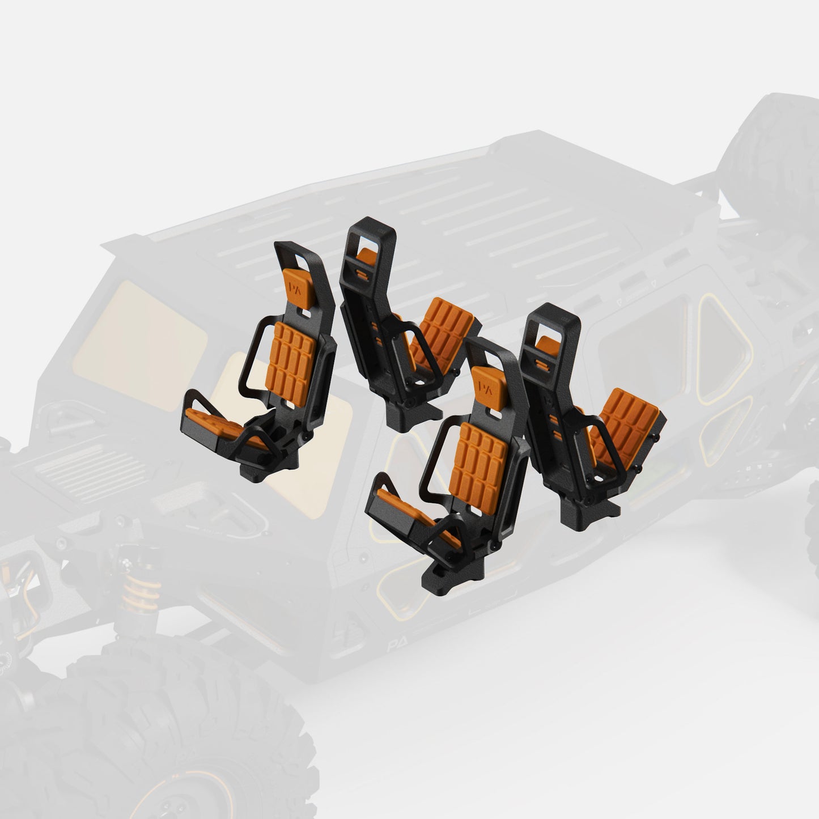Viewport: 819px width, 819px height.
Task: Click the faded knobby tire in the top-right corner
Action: coord(771,142)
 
